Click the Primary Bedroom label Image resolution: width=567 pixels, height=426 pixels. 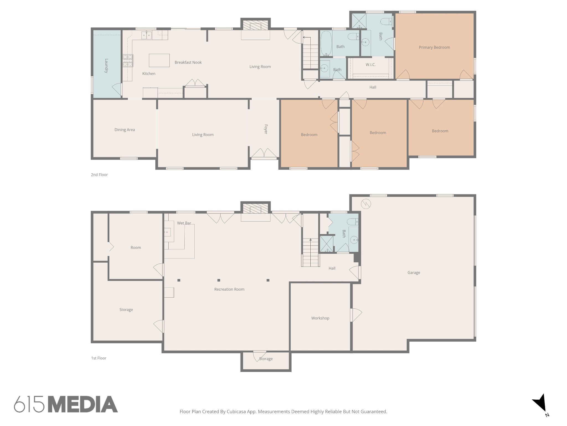tap(434, 47)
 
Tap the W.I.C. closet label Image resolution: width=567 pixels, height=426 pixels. tap(370, 65)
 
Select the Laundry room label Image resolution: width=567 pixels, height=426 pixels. tap(106, 66)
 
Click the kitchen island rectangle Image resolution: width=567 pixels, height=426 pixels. tap(159, 60)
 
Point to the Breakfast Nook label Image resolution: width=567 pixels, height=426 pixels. tap(188, 62)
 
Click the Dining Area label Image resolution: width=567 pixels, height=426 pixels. tap(125, 130)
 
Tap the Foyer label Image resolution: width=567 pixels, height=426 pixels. tap(266, 129)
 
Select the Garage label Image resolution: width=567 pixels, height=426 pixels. tap(414, 273)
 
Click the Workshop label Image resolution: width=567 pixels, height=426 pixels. tap(320, 318)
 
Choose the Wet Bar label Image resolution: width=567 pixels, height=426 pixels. tap(184, 223)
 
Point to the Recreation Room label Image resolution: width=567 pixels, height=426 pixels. tap(229, 289)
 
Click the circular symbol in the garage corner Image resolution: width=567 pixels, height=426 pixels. tap(366, 204)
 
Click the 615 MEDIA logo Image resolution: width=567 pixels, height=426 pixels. tap(66, 404)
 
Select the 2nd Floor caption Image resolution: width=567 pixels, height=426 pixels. tap(99, 175)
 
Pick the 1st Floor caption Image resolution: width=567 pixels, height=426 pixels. tap(99, 358)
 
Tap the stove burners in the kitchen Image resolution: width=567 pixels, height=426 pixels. tap(128, 61)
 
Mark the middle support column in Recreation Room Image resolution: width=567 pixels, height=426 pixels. tap(219, 280)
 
